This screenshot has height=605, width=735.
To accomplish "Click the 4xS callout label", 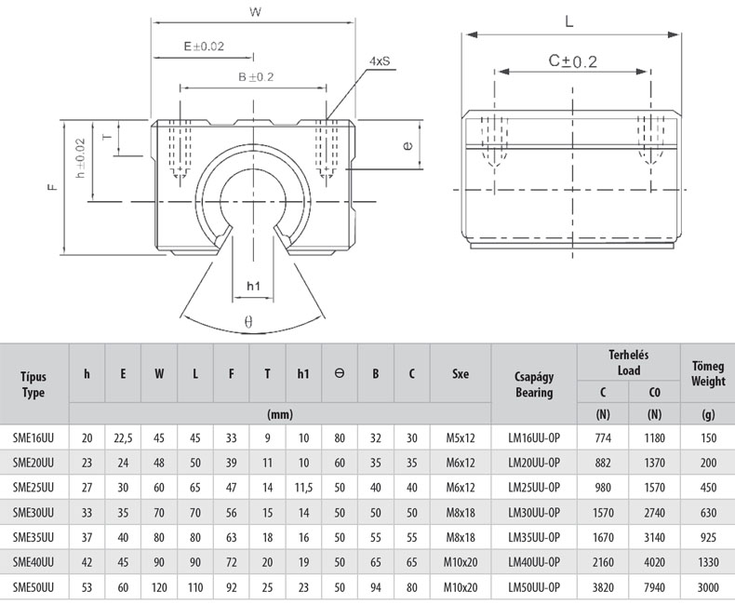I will pos(380,61).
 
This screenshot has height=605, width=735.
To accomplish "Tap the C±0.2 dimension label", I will pos(571,60).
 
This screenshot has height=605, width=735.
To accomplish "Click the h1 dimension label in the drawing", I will pos(252,286).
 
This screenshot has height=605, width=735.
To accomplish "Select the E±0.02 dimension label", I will pos(204,46).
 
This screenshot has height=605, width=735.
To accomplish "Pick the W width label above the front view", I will pos(254,12).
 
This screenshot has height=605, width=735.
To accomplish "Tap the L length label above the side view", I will pos(569,20).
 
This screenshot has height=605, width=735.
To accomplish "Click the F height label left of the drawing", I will pos(53,186).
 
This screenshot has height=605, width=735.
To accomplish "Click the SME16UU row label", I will pos(33,437).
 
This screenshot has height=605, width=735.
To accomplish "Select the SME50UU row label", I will pos(33,587).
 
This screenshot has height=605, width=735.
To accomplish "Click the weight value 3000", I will pos(708,587).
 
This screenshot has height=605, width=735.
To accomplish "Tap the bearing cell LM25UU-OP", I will pos(534,487).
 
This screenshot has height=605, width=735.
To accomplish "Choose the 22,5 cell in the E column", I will pos(123,437).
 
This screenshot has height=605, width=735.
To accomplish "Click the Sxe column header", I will pos(460,374).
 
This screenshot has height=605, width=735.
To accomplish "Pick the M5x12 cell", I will pos(460,437).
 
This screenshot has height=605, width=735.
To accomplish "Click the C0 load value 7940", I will pos(654,587).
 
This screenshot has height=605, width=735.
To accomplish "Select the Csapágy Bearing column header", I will pos(534,383).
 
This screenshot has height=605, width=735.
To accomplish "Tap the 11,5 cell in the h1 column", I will pos(303,487).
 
